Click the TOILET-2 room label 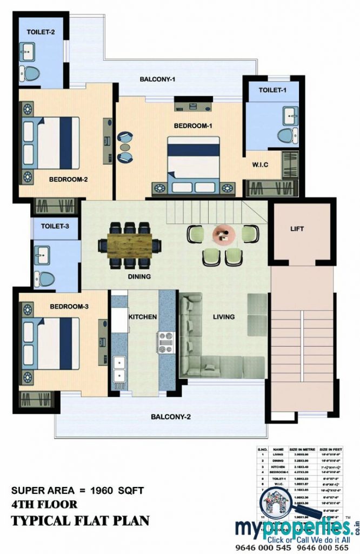(41, 32)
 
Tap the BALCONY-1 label (157, 80)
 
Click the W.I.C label (260, 164)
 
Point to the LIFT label (297, 229)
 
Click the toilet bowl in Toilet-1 (284, 135)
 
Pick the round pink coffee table (223, 233)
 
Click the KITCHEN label (143, 316)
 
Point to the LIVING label (223, 316)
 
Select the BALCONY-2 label (171, 417)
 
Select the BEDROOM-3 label (69, 307)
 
